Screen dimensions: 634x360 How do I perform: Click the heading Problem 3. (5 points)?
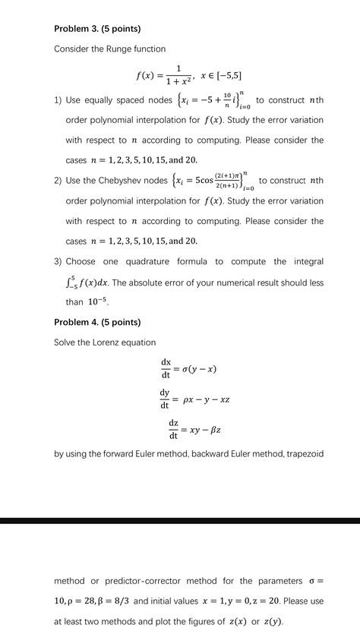point(97,29)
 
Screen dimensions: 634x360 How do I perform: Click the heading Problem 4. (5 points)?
point(97,322)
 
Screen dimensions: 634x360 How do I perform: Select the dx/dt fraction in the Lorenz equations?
point(165,368)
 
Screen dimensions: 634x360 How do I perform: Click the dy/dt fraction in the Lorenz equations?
point(165,398)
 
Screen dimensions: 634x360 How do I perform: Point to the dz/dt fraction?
point(173,430)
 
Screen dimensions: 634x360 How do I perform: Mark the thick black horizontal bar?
point(180,521)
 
